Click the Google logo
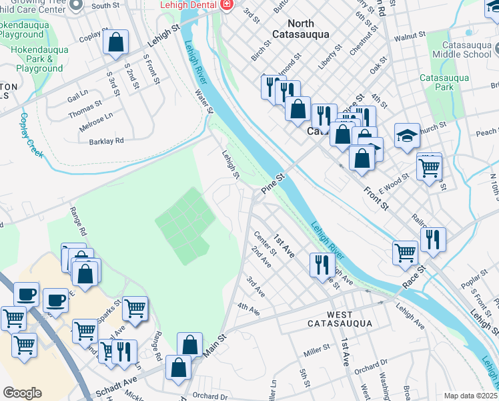[22, 393]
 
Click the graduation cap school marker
[407, 136]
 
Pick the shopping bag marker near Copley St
[116, 42]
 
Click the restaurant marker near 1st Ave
[322, 264]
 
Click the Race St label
[414, 277]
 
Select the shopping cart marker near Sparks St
[135, 309]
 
